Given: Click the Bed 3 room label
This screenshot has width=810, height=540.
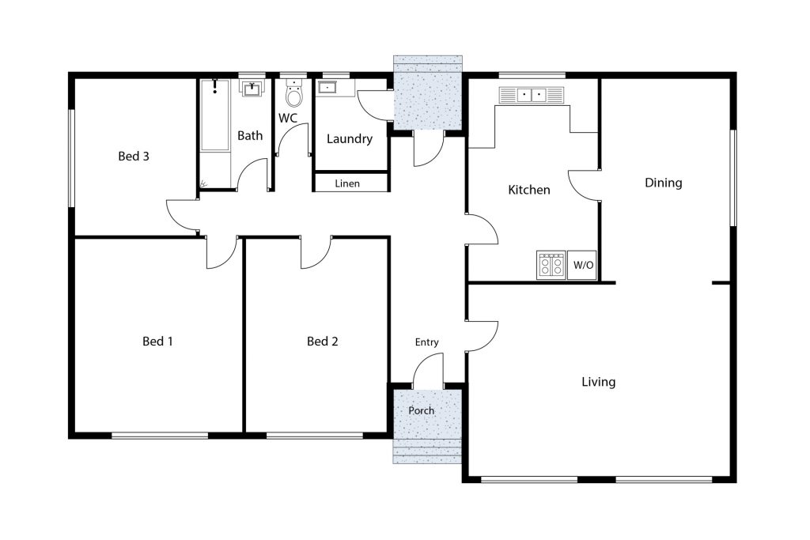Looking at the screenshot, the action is tap(133, 156).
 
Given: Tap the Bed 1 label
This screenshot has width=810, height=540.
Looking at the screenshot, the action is tap(157, 342).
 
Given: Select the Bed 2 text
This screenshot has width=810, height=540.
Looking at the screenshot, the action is tap(323, 342).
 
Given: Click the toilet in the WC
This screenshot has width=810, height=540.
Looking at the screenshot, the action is tap(294, 93).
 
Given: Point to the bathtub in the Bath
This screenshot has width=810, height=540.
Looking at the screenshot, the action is tap(215, 115).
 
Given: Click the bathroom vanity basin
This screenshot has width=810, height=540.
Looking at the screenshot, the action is tap(252, 89).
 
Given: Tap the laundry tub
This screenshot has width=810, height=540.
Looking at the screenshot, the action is tap(327, 87).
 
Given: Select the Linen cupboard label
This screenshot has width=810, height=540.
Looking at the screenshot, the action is tap(347, 183).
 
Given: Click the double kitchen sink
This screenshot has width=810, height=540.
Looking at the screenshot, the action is tap(531, 95).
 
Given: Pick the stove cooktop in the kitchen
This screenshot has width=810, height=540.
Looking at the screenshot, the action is tap(551, 265).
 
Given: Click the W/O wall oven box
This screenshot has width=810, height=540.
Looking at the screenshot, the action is tap(582, 265).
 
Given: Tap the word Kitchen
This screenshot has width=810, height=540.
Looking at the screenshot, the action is tap(529, 190).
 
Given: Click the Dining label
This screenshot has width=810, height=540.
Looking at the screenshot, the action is tap(664, 183).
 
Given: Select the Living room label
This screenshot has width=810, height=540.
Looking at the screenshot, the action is tap(598, 382).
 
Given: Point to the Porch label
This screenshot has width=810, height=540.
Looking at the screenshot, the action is tap(421, 410).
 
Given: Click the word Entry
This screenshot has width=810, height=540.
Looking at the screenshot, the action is tap(426, 342).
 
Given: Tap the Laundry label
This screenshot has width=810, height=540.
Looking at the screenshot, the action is tap(349, 139).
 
